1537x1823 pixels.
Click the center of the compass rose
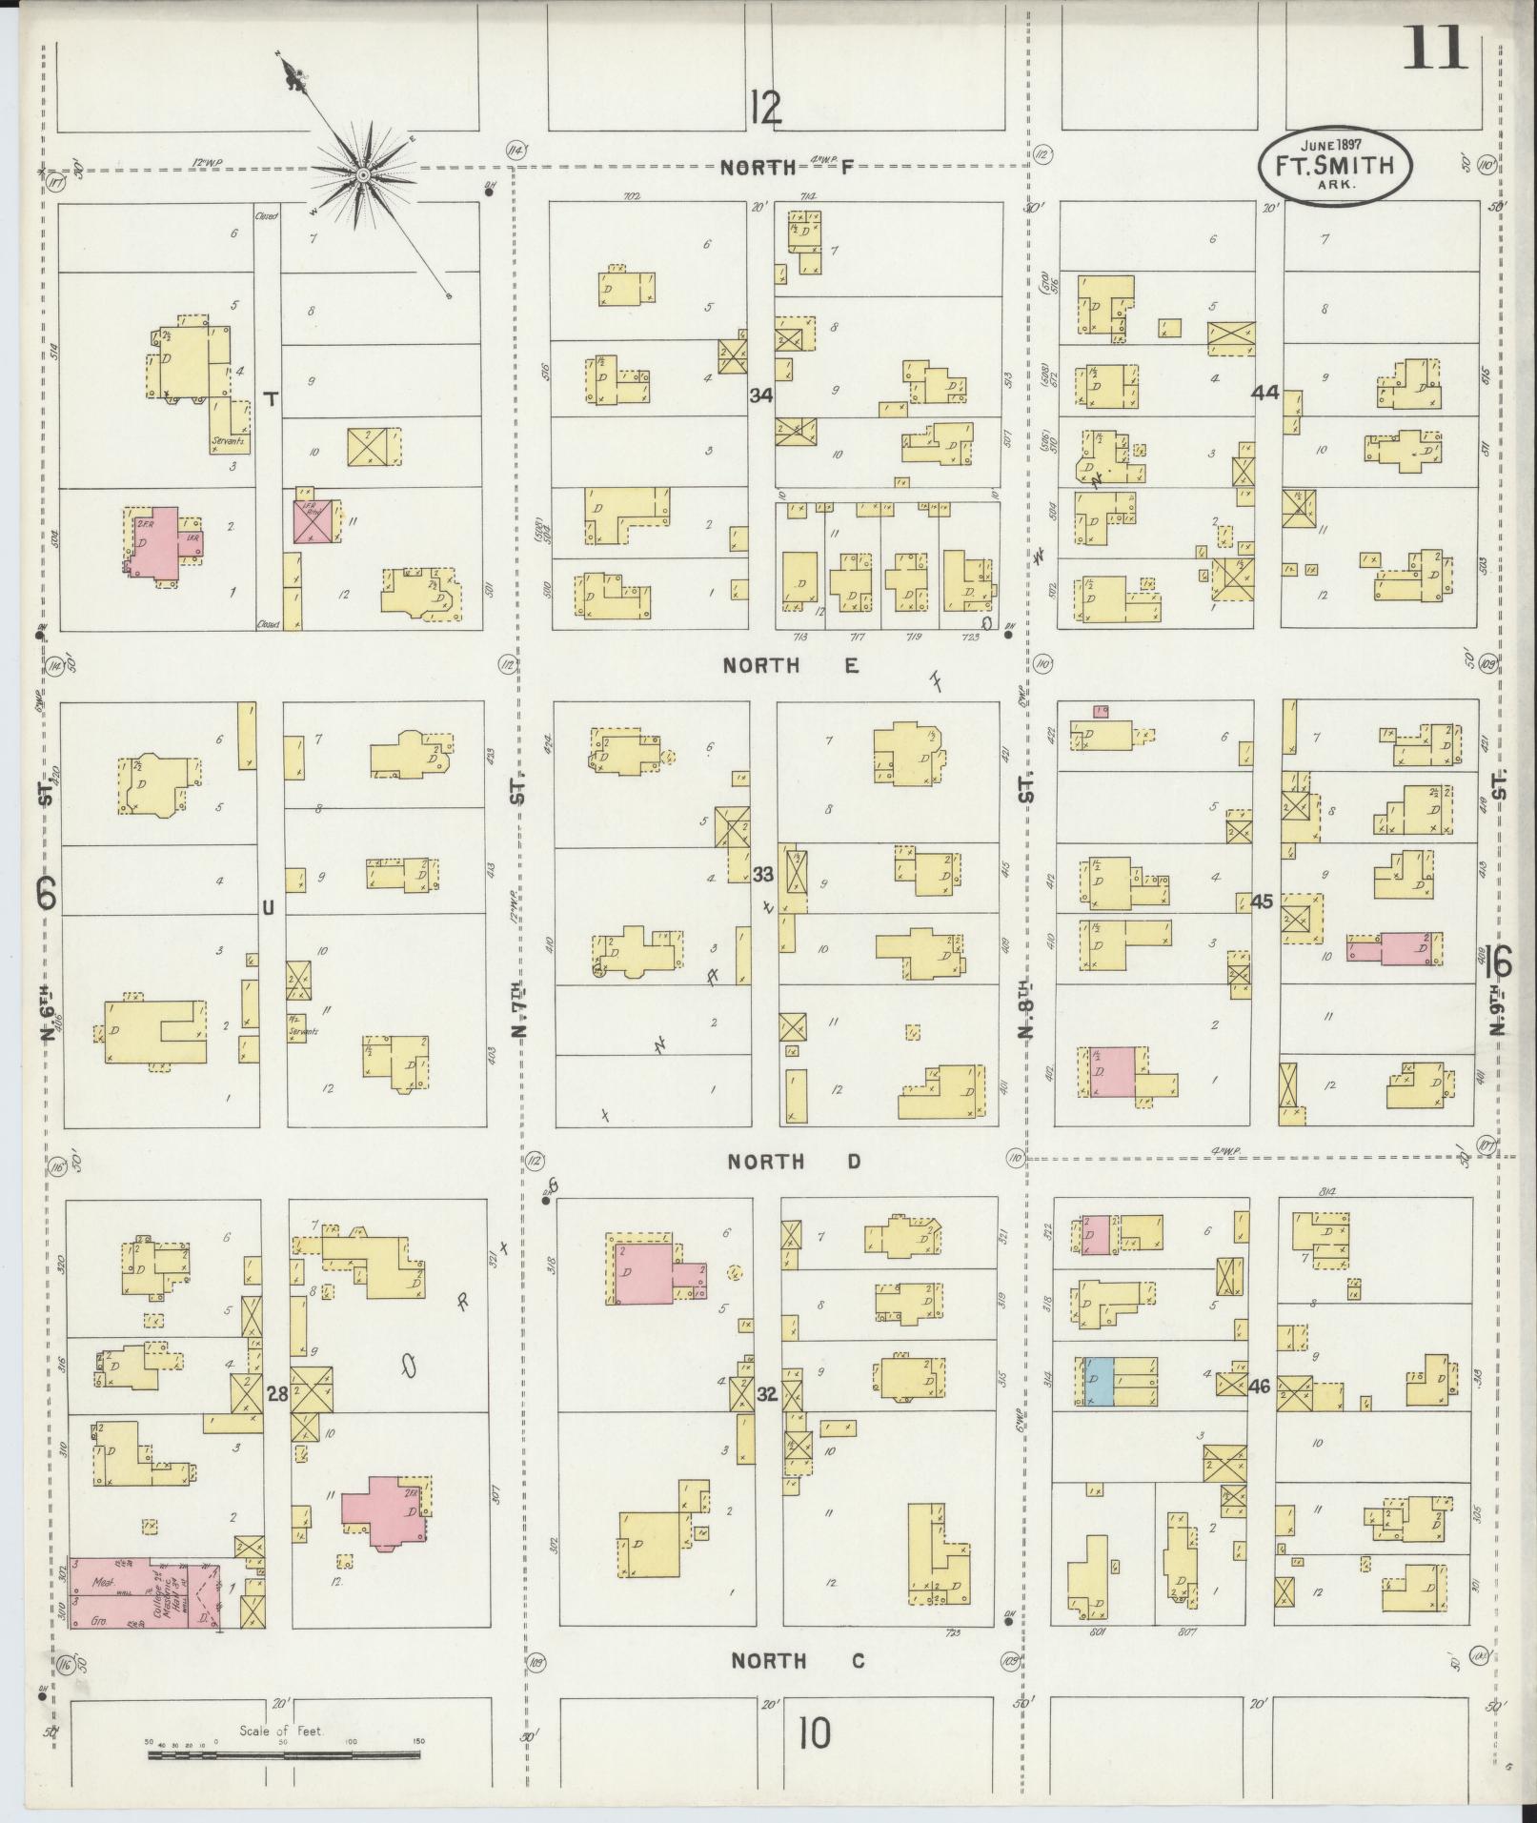click(363, 175)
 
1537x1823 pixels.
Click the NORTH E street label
click(790, 666)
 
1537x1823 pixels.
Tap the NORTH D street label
click(794, 1162)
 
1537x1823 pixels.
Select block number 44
click(1265, 393)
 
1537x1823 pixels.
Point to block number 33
click(762, 874)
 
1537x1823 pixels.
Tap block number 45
click(1263, 901)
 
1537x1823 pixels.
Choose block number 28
click(277, 1396)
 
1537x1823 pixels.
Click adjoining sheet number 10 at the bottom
click(815, 1733)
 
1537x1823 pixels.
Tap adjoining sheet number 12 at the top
click(764, 108)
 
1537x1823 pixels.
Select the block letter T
click(270, 400)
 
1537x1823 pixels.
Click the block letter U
click(269, 908)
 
